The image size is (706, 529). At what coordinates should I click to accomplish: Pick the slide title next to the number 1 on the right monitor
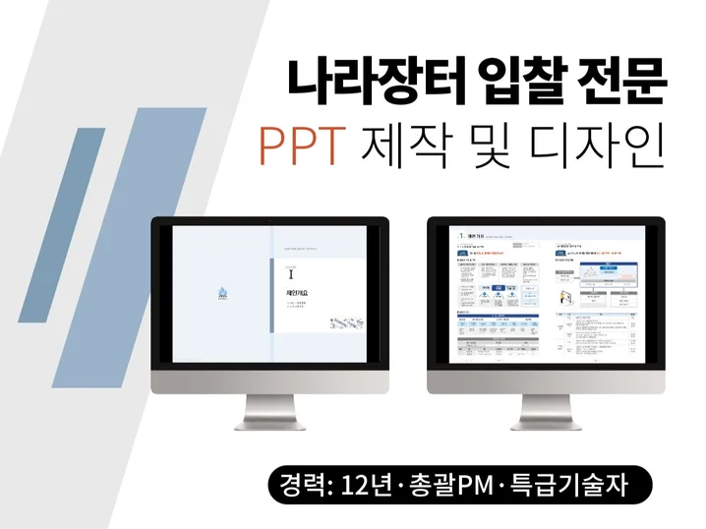(475, 237)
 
